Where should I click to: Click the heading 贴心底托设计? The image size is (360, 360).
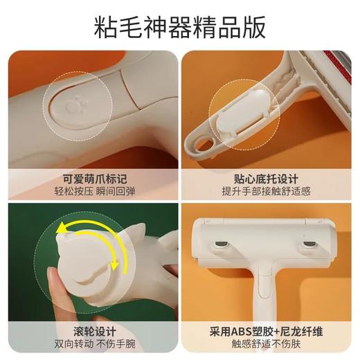click(270, 177)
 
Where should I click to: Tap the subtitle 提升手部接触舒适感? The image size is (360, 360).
click(270, 191)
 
